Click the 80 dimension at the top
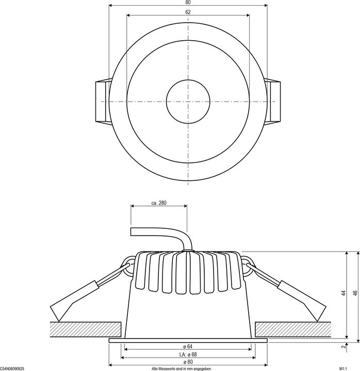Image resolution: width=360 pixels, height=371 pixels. point(188,3)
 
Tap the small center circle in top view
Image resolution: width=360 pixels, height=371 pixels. point(188,102)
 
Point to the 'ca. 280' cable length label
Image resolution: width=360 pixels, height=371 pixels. point(159,203)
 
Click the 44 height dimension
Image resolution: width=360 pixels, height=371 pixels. point(342,293)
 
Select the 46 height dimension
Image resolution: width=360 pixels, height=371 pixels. point(354,293)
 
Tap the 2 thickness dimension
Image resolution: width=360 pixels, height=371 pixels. point(342,348)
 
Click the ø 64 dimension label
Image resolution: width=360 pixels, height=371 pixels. point(188,345)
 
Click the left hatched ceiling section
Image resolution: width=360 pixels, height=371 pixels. point(85,328)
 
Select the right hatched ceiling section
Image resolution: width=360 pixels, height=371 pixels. point(297,328)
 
